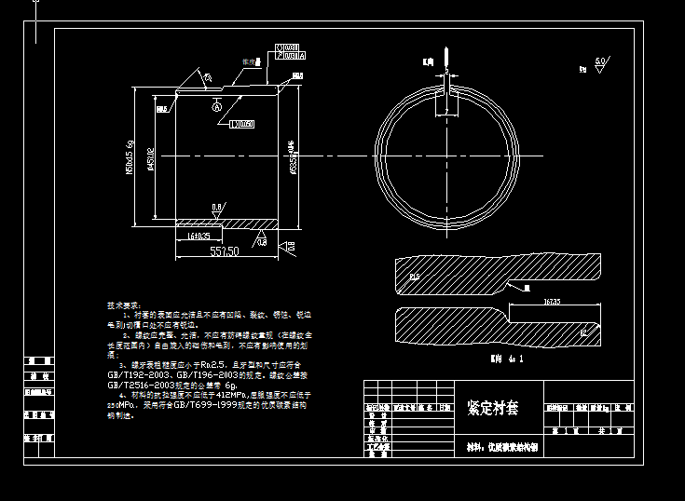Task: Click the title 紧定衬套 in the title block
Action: [492, 408]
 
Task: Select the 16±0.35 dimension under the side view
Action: [198, 236]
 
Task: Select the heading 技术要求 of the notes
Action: [123, 305]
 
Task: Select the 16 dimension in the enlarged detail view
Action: [553, 303]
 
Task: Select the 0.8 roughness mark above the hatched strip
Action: [216, 207]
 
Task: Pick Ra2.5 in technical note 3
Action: [218, 363]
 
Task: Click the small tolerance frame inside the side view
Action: [243, 124]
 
